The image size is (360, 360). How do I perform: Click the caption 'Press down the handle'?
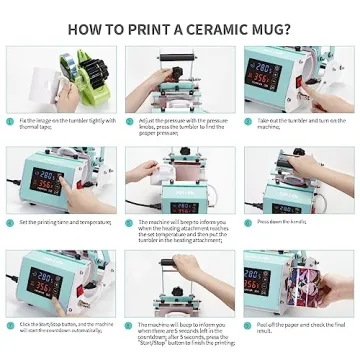tap(281, 221)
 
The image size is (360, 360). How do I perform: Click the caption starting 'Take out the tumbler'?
tap(297, 123)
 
